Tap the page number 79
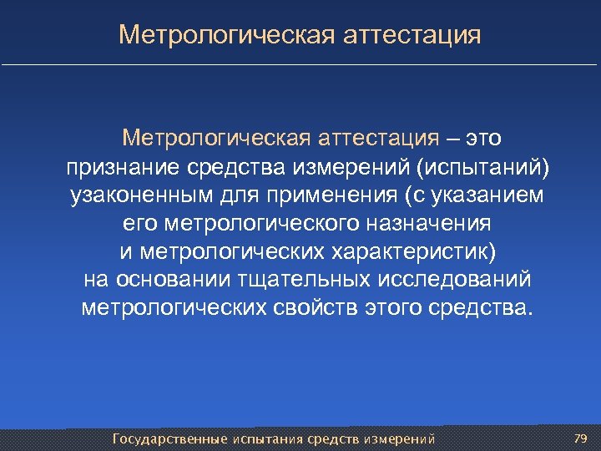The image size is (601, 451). point(582,438)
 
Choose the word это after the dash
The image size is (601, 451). point(483,136)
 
